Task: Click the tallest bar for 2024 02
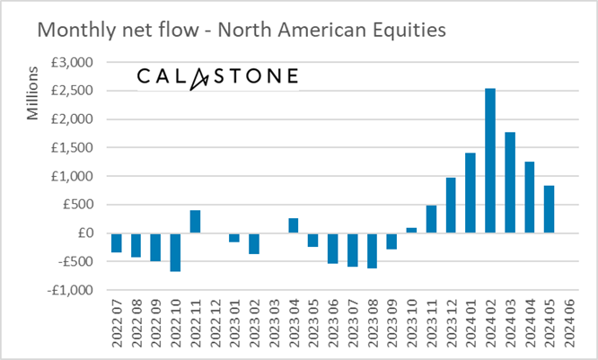coord(490,161)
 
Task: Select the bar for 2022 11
coord(195,222)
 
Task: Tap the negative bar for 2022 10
coord(175,252)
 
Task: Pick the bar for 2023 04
coord(293,225)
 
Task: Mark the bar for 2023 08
coord(372,250)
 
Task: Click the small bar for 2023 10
coord(411,231)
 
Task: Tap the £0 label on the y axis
coord(87,233)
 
